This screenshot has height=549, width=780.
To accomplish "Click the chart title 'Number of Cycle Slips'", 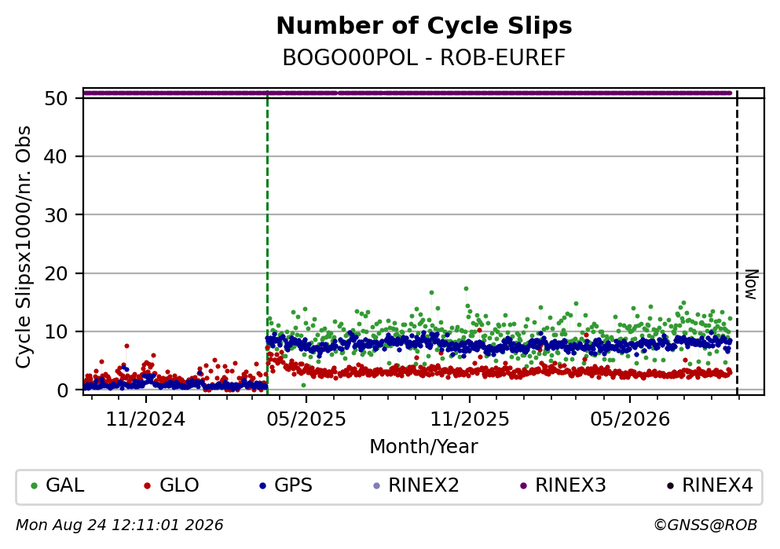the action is coord(424,26).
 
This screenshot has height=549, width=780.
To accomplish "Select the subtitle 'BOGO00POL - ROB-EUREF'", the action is coord(424,57).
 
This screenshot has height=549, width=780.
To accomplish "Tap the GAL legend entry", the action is coord(57,485).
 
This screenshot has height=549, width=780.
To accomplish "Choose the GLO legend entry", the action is coord(171,485).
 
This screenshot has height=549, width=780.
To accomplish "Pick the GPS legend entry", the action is coord(286,485).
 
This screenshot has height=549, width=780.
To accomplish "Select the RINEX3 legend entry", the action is coord(563,485).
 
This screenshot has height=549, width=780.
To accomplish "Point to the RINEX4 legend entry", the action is coord(710,485).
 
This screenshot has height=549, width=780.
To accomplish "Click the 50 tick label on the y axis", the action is coord(56,98).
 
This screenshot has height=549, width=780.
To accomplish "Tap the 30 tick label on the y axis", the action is coord(56,215).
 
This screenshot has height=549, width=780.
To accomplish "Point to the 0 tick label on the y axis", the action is coord(62,390).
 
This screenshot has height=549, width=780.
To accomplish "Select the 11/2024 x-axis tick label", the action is coord(145,419).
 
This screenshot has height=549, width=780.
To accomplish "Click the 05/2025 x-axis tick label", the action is coord(306,419).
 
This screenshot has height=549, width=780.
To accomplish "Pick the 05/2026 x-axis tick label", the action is coord(630,419).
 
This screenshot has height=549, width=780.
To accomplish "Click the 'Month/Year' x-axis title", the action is coord(423,447).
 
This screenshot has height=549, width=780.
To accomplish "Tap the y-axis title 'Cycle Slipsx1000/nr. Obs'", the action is coord(24,247).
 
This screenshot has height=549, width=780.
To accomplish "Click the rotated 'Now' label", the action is coord(751,284).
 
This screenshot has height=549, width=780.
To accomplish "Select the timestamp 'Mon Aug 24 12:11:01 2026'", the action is coord(119,525).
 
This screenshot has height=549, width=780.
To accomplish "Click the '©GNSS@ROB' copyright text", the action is coord(705,525).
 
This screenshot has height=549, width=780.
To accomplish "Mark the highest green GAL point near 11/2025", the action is coord(466,288).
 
